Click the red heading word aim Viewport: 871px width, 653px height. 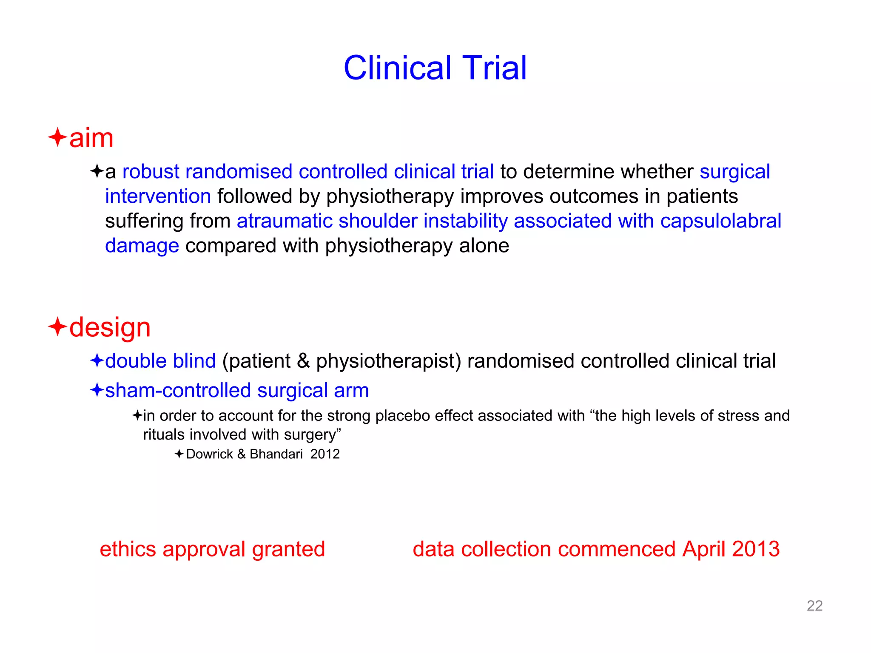(91, 139)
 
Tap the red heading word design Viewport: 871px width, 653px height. (110, 328)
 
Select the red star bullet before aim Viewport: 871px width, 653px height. (57, 137)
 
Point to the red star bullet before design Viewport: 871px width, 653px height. (57, 327)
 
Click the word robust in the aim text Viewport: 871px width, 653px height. (151, 172)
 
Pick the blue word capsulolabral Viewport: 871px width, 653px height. (720, 221)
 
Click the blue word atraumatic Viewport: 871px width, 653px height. (285, 221)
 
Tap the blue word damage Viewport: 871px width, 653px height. (142, 246)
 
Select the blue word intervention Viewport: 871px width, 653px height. (158, 196)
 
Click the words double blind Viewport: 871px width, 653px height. (160, 361)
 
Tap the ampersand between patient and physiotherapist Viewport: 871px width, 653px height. (303, 361)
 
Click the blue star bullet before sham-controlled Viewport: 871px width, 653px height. (97, 389)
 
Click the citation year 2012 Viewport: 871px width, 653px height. (325, 454)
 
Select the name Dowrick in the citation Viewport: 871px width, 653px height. (209, 454)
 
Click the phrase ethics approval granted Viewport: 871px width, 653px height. (212, 549)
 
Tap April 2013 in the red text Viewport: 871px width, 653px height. (731, 549)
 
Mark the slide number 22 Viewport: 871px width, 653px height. (814, 605)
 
